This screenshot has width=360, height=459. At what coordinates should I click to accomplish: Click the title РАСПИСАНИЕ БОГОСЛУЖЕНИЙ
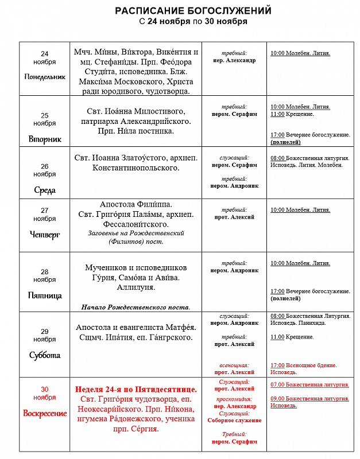click(x=193, y=11)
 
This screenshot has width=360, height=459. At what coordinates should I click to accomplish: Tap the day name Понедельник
click(x=45, y=76)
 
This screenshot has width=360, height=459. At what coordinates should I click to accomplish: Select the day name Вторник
click(x=45, y=139)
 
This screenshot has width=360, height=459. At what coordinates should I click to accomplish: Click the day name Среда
click(x=45, y=190)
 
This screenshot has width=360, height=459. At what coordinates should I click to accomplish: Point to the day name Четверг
click(x=45, y=234)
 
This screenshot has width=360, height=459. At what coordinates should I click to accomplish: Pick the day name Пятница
click(x=45, y=296)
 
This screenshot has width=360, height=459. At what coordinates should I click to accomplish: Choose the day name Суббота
click(x=45, y=355)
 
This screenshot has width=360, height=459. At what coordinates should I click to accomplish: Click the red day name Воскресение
click(x=45, y=413)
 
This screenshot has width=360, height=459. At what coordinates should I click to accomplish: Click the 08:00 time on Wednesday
click(x=277, y=157)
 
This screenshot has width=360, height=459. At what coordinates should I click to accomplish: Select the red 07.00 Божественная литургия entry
click(x=309, y=383)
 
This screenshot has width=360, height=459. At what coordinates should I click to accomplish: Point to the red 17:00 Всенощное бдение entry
click(x=304, y=365)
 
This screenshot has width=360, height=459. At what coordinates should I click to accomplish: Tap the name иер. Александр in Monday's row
click(x=234, y=60)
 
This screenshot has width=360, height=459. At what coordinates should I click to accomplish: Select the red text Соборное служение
click(x=234, y=421)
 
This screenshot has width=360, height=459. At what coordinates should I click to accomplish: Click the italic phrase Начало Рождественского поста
click(x=136, y=307)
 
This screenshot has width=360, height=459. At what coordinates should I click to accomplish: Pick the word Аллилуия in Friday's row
click(x=136, y=287)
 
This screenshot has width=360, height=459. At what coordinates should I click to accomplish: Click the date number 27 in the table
click(x=45, y=210)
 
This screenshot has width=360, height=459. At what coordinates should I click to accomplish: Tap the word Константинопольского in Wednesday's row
click(x=136, y=168)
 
